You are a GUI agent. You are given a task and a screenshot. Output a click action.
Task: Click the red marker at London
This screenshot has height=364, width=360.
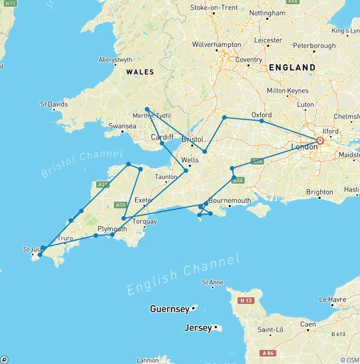320,140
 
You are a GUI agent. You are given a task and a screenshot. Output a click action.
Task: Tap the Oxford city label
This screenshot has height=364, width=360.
262,114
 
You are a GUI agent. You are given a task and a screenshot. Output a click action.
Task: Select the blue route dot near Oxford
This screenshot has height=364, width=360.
262,121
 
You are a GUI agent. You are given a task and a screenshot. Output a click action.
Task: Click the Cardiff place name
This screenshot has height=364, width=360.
162,137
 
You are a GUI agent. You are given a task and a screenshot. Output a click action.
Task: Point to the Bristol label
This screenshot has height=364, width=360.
192,139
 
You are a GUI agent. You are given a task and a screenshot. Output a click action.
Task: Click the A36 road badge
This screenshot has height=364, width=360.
238,179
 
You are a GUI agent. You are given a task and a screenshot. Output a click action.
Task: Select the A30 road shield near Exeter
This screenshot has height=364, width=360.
120,205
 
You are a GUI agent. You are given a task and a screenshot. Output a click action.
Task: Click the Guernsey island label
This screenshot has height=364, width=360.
170,309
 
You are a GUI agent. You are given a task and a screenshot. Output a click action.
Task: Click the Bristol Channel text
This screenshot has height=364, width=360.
82,164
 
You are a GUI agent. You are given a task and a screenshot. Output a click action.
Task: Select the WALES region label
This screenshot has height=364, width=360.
140,72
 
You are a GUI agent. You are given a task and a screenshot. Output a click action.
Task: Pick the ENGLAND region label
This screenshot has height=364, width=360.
292,68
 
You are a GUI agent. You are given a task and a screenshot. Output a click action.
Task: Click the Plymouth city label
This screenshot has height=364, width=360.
112,229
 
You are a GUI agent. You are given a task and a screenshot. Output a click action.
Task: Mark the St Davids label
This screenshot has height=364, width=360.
54,104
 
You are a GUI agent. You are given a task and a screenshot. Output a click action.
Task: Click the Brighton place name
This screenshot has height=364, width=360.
320,192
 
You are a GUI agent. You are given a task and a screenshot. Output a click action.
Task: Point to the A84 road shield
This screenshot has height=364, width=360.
269,353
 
